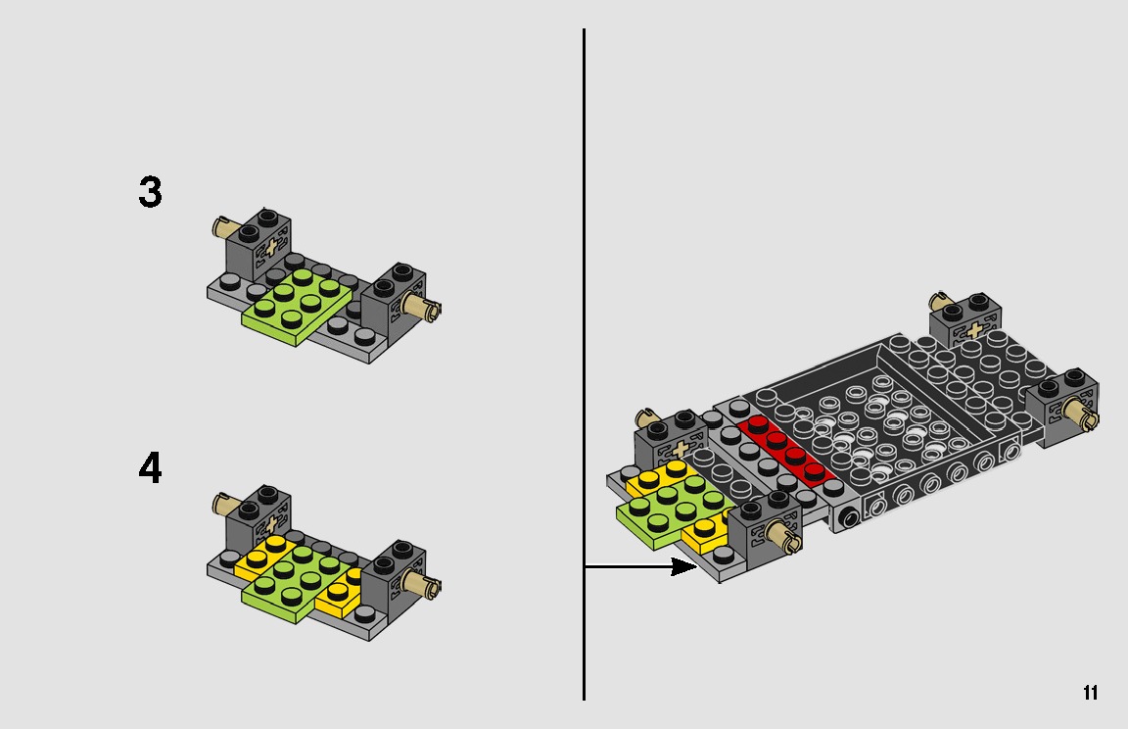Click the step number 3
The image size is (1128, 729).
(x=150, y=193)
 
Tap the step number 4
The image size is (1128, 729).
(x=150, y=469)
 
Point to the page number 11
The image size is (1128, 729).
(x=1090, y=694)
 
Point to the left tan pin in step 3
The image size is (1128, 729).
(x=225, y=229)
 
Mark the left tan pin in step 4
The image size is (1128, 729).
(x=225, y=505)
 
